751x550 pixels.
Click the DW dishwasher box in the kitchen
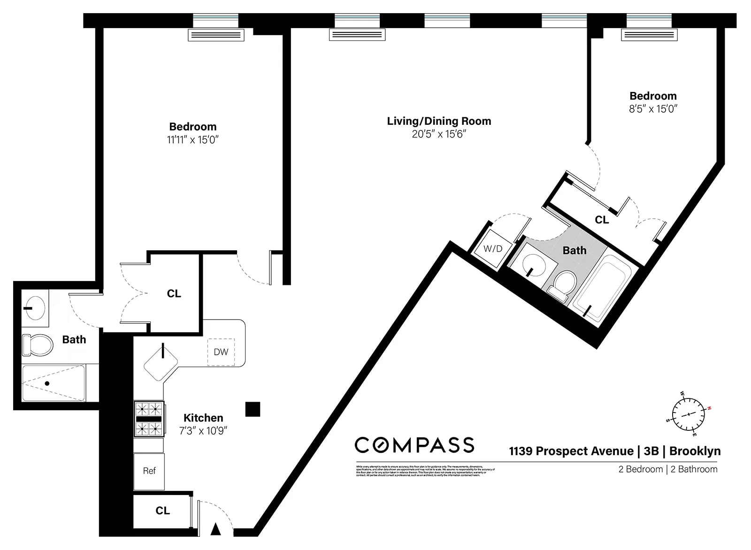(x=221, y=352)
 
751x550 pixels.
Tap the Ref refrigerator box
(x=149, y=471)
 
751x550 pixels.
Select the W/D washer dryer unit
(x=493, y=249)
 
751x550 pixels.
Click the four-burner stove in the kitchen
(x=149, y=419)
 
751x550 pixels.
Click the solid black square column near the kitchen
(x=253, y=409)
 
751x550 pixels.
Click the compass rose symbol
(x=688, y=414)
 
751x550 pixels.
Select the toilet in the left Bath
(x=37, y=345)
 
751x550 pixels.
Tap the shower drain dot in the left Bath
(x=47, y=383)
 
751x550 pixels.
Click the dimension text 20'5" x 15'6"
(x=439, y=134)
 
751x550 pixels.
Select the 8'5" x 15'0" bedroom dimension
(x=653, y=109)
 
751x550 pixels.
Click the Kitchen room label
(x=203, y=418)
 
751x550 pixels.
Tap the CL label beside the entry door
(x=162, y=511)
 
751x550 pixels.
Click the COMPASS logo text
(x=414, y=445)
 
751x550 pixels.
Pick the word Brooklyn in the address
(x=695, y=451)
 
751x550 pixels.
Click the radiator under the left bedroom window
(x=216, y=35)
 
